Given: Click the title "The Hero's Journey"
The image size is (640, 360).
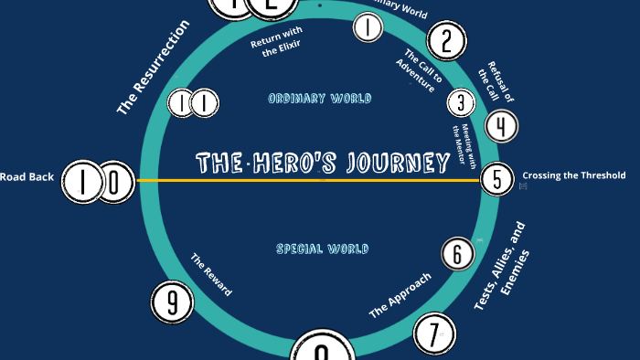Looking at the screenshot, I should tap(323, 164).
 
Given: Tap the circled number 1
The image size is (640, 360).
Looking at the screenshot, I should tap(367, 28).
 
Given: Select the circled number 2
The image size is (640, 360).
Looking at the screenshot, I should tap(446, 41).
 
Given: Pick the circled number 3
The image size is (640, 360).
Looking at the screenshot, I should tap(461, 103).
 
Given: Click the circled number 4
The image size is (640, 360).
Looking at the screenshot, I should tap(501, 126).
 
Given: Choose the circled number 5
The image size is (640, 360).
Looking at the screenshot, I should tap(496, 180).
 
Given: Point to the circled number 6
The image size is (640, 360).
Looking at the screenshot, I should tap(457, 255).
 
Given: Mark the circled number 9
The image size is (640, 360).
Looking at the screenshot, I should tap(173, 302).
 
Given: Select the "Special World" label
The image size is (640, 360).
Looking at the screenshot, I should tap(322, 249).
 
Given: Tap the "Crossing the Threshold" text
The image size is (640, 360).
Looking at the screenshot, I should tap(573, 175).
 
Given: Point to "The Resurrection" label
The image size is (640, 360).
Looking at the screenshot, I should tap(153, 68).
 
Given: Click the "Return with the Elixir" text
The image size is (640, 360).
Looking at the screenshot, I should tap(277, 45).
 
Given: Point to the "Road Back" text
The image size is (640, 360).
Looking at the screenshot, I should tap(27, 177).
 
